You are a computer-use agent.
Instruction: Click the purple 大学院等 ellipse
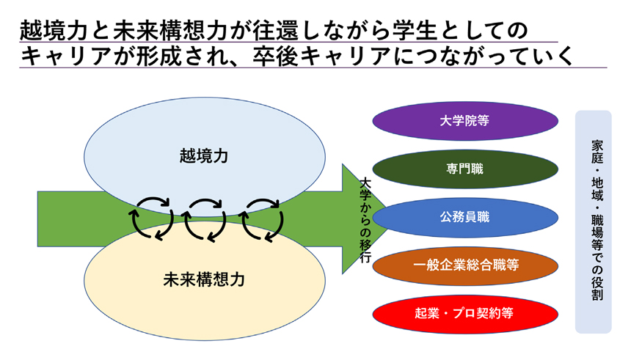click(464, 121)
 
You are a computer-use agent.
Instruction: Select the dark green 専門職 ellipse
click(464, 169)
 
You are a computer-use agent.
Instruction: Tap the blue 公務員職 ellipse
click(464, 217)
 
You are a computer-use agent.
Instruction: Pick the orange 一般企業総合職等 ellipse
click(464, 265)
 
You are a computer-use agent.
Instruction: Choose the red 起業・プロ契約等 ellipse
click(464, 314)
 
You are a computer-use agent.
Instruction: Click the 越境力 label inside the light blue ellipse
click(204, 156)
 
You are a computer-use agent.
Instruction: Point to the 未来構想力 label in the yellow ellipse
click(204, 280)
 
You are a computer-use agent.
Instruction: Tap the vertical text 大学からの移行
click(365, 221)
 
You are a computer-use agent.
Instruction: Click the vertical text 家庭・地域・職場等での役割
click(597, 221)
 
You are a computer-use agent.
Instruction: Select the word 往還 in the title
click(276, 31)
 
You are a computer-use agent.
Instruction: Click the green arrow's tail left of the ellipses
click(61, 218)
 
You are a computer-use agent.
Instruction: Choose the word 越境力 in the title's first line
click(54, 31)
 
